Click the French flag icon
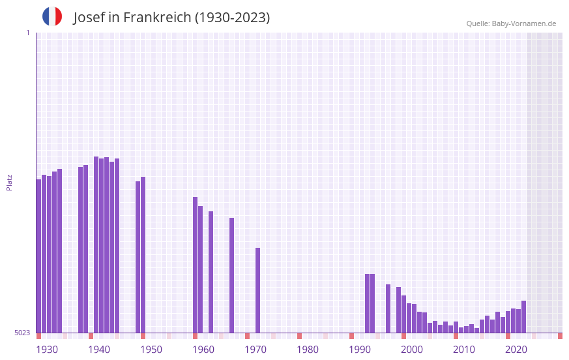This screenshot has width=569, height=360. [52, 17]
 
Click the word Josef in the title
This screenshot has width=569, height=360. [89, 18]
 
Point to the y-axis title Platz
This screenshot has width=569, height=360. [9, 182]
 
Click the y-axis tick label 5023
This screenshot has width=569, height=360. [22, 333]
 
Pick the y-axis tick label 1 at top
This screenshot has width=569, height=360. [27, 33]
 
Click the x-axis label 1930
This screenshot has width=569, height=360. [47, 350]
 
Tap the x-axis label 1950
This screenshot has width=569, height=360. [151, 350]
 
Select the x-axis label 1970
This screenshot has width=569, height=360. [255, 350]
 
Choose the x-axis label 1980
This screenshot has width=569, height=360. [308, 350]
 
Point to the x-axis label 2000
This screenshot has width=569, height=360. [412, 350]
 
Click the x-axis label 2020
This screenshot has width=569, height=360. [516, 350]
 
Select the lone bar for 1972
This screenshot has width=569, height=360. [257, 290]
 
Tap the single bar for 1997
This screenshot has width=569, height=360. [388, 308]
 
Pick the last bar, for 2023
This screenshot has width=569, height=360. [523, 317]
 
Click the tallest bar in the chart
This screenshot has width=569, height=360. [96, 245]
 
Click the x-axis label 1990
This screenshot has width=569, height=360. [360, 350]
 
